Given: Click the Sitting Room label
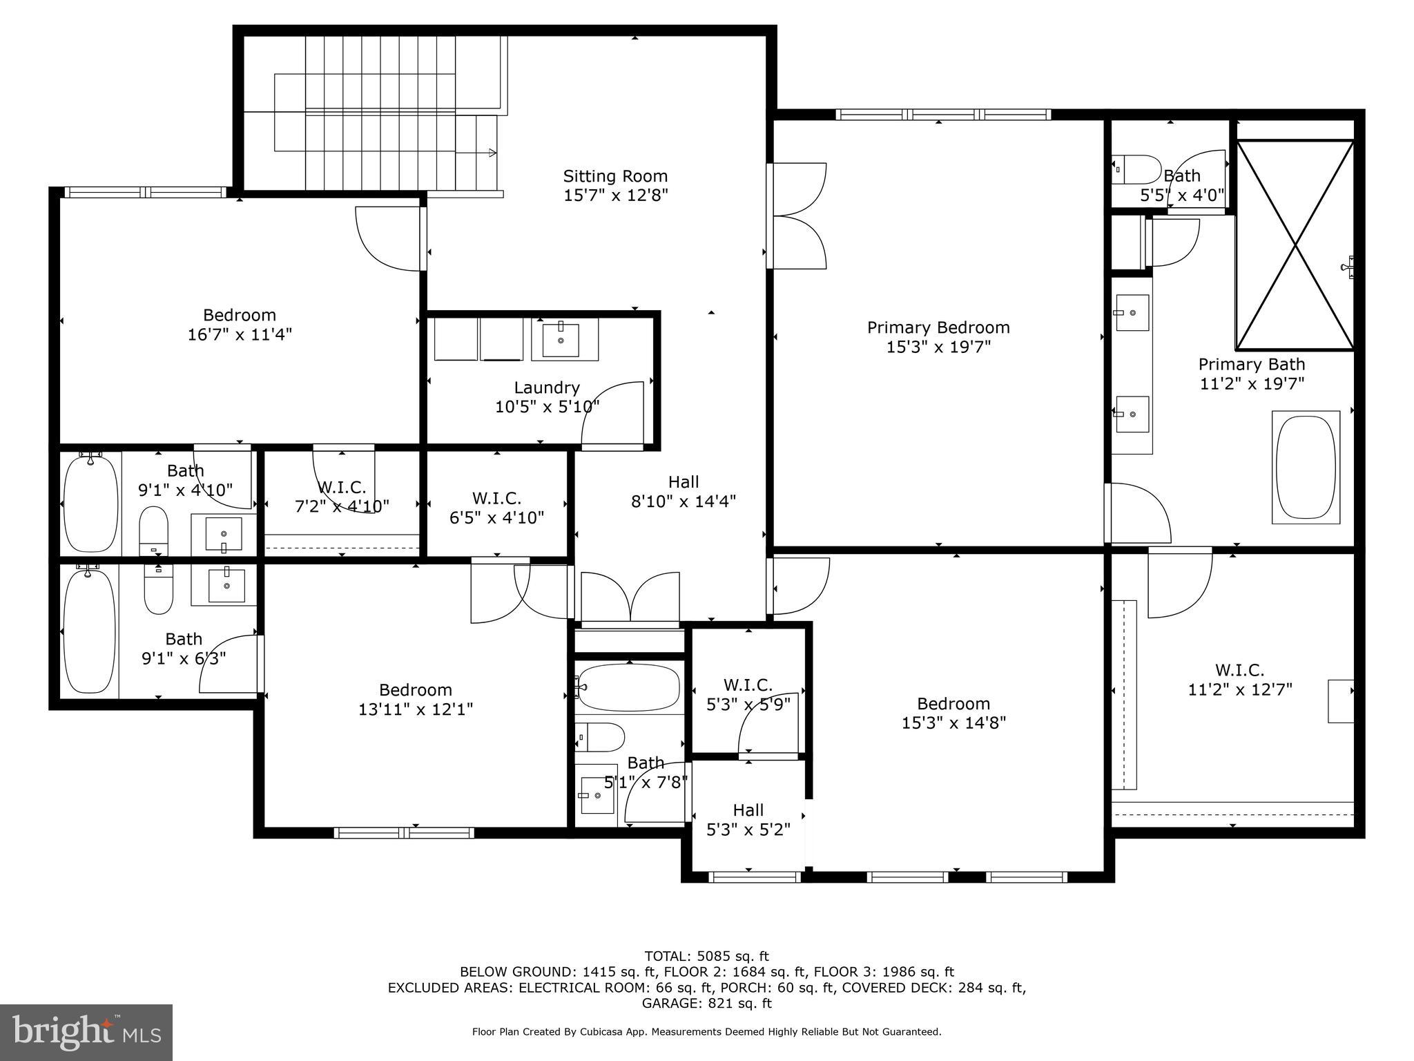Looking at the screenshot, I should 615,176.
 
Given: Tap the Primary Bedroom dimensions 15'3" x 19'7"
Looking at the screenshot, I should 938,347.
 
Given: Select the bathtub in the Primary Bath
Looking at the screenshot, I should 1306,468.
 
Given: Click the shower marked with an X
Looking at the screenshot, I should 1295,245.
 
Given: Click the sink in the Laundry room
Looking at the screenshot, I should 561,339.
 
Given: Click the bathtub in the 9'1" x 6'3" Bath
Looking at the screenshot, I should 89,629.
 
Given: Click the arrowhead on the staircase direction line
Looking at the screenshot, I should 492,153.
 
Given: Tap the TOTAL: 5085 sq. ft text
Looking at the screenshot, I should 706,957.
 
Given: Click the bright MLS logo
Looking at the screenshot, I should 86,1032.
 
